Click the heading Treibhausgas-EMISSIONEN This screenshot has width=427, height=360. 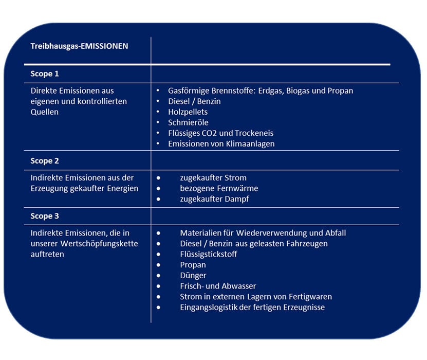79,46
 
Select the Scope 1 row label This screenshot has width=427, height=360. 45,74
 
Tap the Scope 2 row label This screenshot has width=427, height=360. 45,161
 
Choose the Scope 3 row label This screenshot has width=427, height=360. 45,217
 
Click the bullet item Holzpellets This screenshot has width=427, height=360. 188,112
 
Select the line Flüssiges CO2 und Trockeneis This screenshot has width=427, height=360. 220,133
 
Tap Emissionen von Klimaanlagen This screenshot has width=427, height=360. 221,144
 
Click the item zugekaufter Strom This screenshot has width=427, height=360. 213,178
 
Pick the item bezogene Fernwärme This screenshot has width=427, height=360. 219,188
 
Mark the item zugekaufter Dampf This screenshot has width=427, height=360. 214,199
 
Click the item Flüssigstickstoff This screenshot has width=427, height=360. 209,254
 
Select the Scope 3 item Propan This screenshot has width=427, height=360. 193,265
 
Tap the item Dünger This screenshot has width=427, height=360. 193,276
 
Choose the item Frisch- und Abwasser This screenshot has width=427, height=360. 218,286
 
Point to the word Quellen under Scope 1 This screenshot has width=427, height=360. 45,112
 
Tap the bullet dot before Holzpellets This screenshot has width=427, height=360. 158,112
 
